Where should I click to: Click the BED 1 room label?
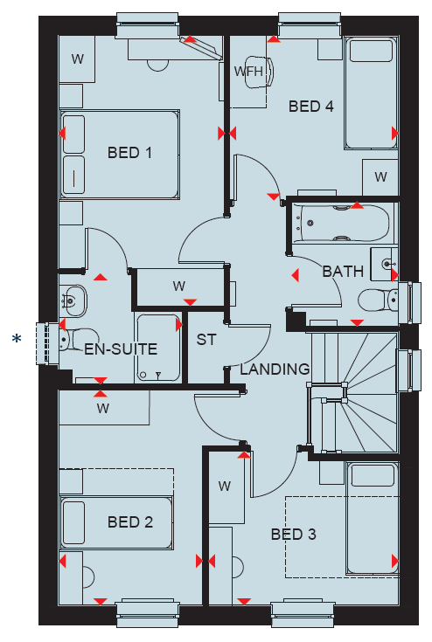pyautogui.click(x=129, y=153)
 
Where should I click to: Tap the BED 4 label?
pyautogui.click(x=311, y=107)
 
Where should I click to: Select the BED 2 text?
pyautogui.click(x=130, y=522)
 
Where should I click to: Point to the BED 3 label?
pyautogui.click(x=294, y=535)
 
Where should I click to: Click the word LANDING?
pyautogui.click(x=275, y=369)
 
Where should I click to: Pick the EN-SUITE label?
pyautogui.click(x=121, y=349)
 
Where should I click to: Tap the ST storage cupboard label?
pyautogui.click(x=206, y=340)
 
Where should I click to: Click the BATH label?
pyautogui.click(x=343, y=272)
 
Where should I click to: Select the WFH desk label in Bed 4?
pyautogui.click(x=248, y=72)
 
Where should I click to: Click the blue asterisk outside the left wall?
pyautogui.click(x=17, y=339)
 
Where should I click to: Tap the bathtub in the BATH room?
pyautogui.click(x=345, y=223)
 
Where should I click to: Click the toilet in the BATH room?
pyautogui.click(x=378, y=300)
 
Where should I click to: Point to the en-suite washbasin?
pyautogui.click(x=73, y=301)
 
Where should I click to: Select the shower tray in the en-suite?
pyautogui.click(x=157, y=348)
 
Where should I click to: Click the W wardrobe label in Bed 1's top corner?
pyautogui.click(x=77, y=59)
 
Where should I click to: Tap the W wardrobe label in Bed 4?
pyautogui.click(x=380, y=176)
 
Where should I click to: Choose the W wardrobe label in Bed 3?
pyautogui.click(x=224, y=486)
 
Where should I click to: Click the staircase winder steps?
pyautogui.click(x=353, y=393)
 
